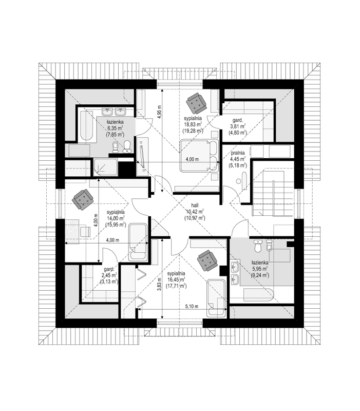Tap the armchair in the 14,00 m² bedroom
(83, 199)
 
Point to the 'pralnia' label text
(237, 153)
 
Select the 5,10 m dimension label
(193, 307)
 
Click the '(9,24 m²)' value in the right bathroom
(258, 275)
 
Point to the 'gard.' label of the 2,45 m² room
(108, 269)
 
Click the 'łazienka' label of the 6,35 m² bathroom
(115, 122)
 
